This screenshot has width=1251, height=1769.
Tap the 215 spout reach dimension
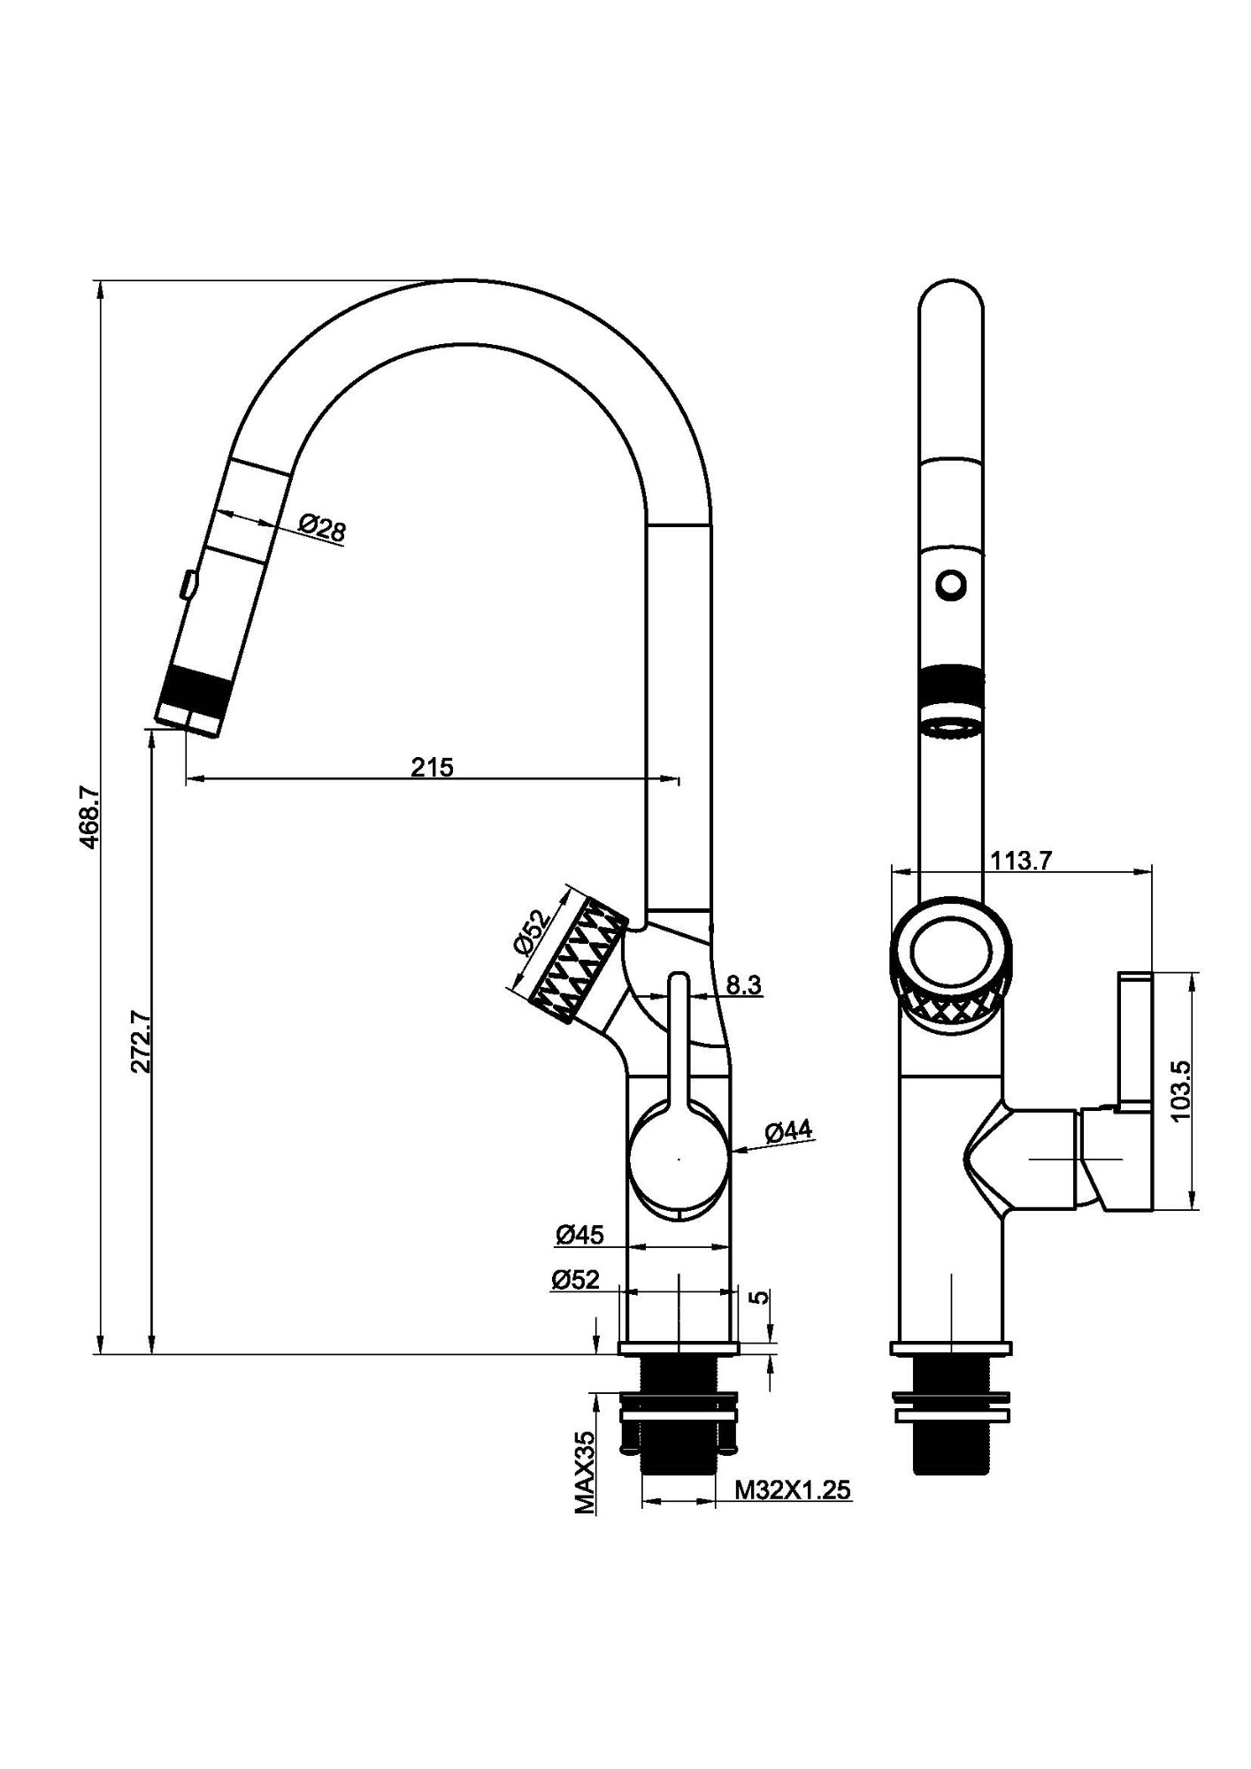pos(432,767)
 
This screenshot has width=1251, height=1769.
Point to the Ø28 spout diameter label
pos(323,529)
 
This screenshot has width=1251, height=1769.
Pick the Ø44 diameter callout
pos(787,1132)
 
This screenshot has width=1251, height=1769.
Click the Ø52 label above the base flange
pos(575,1279)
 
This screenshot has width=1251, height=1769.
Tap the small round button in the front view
pos(951,585)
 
